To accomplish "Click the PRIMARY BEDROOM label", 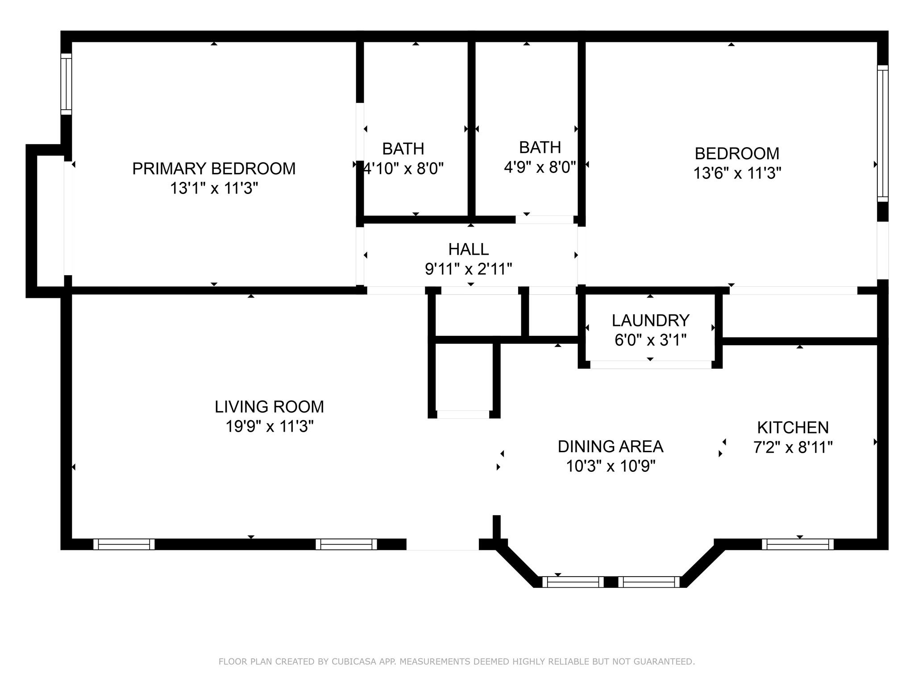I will pyautogui.click(x=214, y=169).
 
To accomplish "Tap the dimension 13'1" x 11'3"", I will pyautogui.click(x=214, y=189).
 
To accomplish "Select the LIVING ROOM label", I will pyautogui.click(x=269, y=407).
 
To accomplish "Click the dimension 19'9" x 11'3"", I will pyautogui.click(x=269, y=427).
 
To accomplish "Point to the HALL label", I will pyautogui.click(x=468, y=249).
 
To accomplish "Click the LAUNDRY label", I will pyautogui.click(x=650, y=321).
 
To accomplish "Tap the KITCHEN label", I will pyautogui.click(x=793, y=428).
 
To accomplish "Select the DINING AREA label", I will pyautogui.click(x=611, y=446).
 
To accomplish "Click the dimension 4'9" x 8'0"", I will pyautogui.click(x=540, y=167).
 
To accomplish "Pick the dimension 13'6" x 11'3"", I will pyautogui.click(x=737, y=173).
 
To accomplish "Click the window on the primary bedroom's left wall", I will pyautogui.click(x=66, y=84).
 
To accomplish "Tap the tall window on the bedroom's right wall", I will pyautogui.click(x=882, y=134).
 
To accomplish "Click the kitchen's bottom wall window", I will pyautogui.click(x=798, y=544).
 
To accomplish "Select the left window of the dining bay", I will pyautogui.click(x=573, y=582).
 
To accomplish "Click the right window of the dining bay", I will pyautogui.click(x=649, y=582).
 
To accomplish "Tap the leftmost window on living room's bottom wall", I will pyautogui.click(x=124, y=544).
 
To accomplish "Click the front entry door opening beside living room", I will pyautogui.click(x=442, y=545).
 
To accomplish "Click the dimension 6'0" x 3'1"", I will pyautogui.click(x=650, y=340).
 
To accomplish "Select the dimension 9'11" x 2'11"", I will pyautogui.click(x=468, y=269).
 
